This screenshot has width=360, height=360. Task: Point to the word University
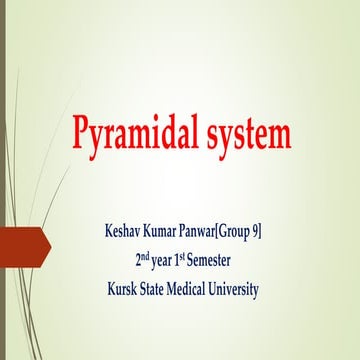273,290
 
